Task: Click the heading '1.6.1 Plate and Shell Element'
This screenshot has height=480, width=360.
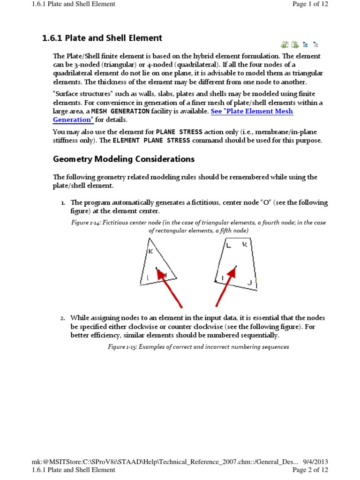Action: (x=102, y=38)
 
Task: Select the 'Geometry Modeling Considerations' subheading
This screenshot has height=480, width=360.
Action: (x=124, y=159)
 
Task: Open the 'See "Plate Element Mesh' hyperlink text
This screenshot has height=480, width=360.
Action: (x=252, y=111)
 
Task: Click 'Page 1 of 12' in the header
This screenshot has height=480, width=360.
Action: (x=310, y=4)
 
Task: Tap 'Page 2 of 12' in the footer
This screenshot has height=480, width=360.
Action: (x=310, y=470)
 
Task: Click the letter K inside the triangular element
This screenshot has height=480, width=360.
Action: (x=150, y=252)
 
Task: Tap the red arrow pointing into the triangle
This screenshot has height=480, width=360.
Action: (x=169, y=287)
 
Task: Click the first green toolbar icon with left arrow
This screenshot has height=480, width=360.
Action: (x=285, y=45)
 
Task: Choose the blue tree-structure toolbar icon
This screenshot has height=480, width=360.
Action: (x=305, y=45)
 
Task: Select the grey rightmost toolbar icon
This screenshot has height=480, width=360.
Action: (x=315, y=45)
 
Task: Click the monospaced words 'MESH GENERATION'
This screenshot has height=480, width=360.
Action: (x=120, y=111)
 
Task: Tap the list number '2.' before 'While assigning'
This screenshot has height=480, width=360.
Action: (x=62, y=318)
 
